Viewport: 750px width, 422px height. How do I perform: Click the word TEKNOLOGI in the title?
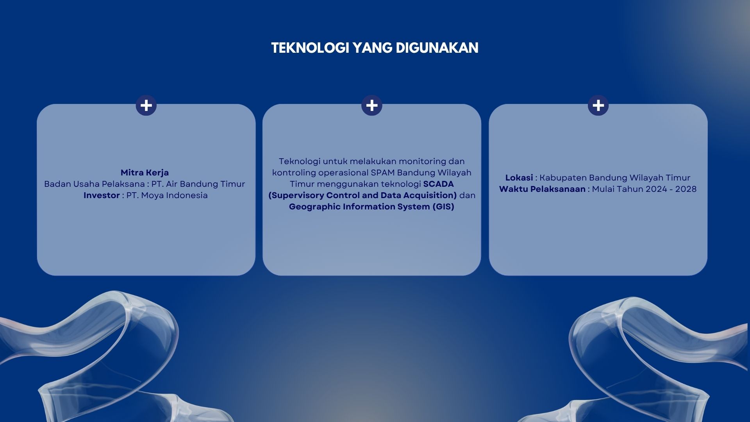[x=310, y=48]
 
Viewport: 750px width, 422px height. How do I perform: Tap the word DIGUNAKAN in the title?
[x=437, y=48]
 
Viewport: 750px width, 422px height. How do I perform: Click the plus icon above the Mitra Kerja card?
[x=146, y=105]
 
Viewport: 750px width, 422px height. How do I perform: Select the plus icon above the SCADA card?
[x=372, y=105]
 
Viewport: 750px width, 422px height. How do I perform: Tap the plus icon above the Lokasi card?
[x=598, y=105]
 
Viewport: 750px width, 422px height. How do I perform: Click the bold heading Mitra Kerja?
[x=145, y=173]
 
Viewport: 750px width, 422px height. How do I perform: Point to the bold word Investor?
[x=102, y=195]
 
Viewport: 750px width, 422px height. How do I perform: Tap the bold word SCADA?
[x=438, y=184]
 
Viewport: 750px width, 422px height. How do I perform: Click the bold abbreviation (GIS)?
[x=443, y=207]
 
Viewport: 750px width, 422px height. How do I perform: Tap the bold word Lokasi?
[x=519, y=178]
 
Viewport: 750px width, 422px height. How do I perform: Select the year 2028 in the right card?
[x=686, y=189]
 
